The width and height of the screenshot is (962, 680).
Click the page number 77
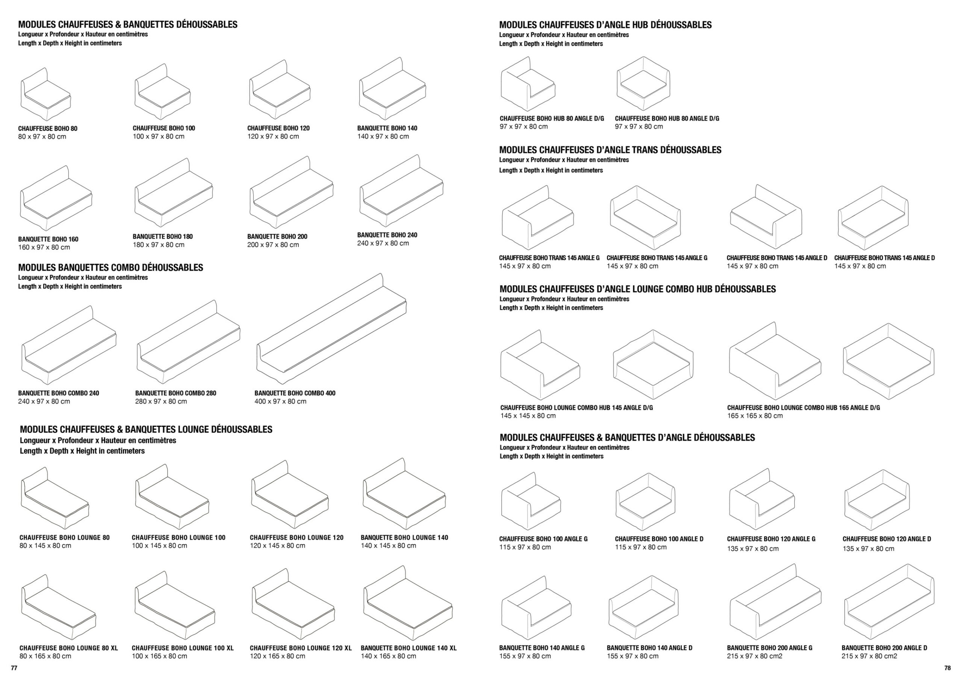(14, 668)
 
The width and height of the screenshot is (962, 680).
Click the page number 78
(948, 668)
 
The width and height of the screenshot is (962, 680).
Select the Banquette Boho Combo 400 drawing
(331, 329)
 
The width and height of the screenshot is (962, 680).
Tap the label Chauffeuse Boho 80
(48, 128)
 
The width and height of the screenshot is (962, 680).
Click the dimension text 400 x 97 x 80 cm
(280, 401)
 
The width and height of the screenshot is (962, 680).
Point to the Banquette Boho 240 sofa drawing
(401, 190)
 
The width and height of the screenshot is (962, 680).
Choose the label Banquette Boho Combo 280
(175, 393)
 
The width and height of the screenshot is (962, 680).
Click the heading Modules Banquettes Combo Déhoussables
(110, 267)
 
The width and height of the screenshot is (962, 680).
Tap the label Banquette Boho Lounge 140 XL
(408, 648)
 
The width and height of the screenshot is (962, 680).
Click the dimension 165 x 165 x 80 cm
(755, 416)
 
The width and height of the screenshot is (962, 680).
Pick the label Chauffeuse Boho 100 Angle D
(659, 539)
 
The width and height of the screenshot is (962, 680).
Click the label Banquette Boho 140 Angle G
(542, 648)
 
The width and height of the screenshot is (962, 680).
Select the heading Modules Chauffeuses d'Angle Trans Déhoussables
(610, 150)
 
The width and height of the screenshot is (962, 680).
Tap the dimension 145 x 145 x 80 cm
(528, 416)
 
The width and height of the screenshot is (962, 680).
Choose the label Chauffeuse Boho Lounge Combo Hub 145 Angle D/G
(576, 407)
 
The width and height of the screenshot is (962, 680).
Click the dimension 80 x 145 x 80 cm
(45, 546)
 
